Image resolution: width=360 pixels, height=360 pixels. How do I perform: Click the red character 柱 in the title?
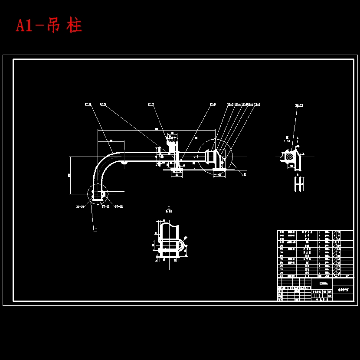pos(74,26)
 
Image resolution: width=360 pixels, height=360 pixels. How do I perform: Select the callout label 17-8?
pos(88,104)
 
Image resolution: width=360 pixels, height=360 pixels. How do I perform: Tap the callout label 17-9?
pos(103,104)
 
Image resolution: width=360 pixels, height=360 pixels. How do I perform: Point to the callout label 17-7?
pos(151,104)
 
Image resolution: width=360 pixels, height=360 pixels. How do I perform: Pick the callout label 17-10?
pos(80,207)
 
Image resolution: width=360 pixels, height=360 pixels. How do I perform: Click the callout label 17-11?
pos(105,207)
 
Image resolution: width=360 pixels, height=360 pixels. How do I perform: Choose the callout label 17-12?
pos(119,207)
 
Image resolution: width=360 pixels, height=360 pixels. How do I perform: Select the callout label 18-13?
pos(299,105)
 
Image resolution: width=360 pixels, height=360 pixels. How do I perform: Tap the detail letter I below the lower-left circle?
pos(95,230)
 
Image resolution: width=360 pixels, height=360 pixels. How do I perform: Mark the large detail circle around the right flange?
pos(215,157)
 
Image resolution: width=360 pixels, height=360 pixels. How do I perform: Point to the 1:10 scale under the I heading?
pos(169,211)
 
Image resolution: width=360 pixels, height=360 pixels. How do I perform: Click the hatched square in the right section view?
pos(287,155)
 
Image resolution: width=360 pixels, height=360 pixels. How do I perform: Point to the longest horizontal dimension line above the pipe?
pos(156,130)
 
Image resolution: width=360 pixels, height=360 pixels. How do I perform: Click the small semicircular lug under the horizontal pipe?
pos(124,162)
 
